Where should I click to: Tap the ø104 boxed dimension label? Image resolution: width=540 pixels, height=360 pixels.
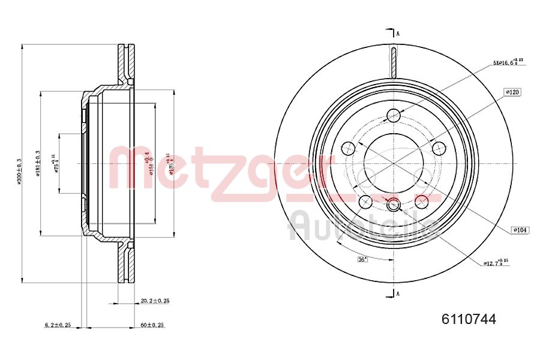coord(520,230)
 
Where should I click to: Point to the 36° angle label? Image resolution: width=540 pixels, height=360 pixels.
coord(362,259)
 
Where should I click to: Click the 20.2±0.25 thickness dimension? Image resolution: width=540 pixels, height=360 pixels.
coord(154,301)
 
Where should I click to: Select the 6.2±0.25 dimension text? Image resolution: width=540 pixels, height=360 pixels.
coord(58,325)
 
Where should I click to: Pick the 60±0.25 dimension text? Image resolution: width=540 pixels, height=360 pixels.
coord(152,325)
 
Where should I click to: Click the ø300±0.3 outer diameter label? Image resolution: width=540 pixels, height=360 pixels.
coord(19,170)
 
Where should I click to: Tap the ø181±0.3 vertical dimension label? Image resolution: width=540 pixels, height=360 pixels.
coord(37,163)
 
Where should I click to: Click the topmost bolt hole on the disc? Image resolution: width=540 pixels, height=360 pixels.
coord(394,115)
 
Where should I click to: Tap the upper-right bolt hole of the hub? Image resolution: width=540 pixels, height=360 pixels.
coord(439,148)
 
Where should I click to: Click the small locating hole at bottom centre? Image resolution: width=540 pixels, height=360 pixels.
coord(394,205)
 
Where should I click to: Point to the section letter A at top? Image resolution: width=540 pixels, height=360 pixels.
coord(397,34)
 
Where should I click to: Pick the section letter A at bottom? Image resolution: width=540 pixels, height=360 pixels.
coord(397,293)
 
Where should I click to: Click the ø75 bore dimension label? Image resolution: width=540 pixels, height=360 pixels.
coord(56,163)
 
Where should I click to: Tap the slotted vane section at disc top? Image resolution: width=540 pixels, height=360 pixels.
coord(394,62)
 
